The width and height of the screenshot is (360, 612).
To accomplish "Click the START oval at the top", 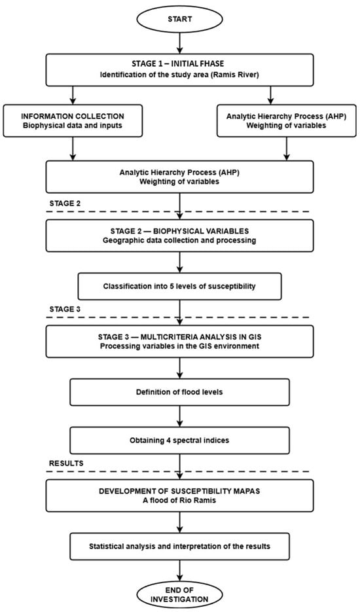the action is point(179,19).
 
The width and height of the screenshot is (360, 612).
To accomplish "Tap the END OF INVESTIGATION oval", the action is point(179,594).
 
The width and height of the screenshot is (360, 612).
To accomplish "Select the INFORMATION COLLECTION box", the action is point(73,120).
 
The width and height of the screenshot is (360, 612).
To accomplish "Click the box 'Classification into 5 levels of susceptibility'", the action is point(179,286).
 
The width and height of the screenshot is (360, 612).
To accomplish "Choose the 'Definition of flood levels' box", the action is point(179,392).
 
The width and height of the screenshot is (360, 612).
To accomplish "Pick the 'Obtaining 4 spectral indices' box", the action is point(179,441).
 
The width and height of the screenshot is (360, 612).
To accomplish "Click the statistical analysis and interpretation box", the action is point(179,546).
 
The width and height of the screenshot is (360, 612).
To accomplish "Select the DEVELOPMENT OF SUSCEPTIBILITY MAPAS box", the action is point(179,495).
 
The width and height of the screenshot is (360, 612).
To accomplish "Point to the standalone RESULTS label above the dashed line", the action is point(66,463).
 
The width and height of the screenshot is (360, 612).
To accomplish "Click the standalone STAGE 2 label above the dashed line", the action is point(65,204).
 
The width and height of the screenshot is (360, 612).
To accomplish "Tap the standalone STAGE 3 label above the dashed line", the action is point(65,310).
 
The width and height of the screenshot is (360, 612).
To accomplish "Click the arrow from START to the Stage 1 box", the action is point(179,43).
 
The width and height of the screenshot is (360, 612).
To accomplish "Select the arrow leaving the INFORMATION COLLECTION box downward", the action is point(73,149).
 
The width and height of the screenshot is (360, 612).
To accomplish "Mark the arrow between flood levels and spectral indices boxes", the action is point(179,416).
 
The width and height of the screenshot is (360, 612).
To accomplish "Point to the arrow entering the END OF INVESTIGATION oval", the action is point(179,571).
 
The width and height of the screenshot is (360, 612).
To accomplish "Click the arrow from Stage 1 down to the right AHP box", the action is point(270,95).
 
